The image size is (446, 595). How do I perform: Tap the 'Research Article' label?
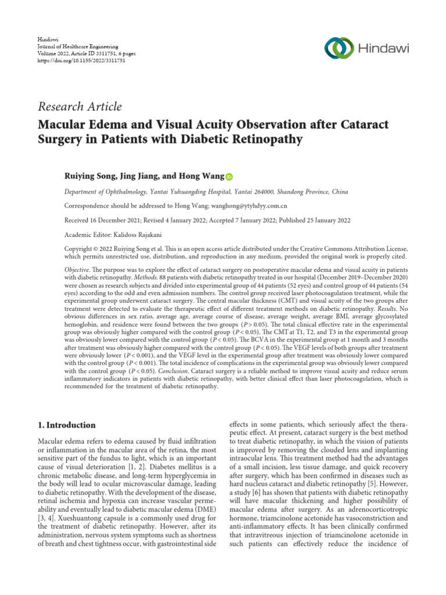(x=80, y=106)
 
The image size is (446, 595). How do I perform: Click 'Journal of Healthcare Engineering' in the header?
(x=77, y=45)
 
